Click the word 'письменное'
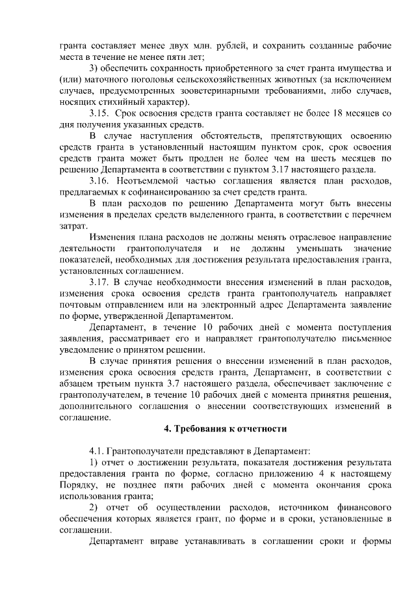coord(363,338)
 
